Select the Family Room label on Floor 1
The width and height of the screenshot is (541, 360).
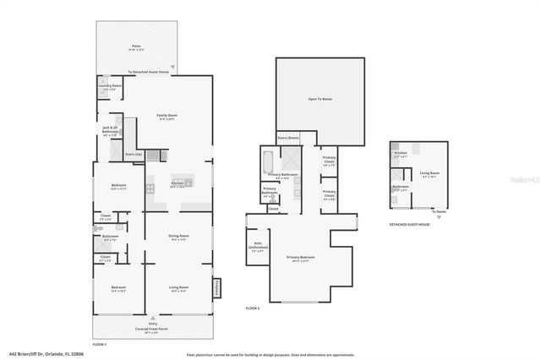167,117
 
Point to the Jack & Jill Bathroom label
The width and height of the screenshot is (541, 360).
109,130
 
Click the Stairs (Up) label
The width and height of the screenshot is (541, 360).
133,155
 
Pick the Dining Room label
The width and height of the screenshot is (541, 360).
178,237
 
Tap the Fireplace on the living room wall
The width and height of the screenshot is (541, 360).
216,287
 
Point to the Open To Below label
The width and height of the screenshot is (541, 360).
321,100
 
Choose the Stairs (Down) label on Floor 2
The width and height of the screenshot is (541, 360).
288,138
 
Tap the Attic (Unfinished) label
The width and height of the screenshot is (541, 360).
258,248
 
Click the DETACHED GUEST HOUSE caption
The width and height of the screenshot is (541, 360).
409,225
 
